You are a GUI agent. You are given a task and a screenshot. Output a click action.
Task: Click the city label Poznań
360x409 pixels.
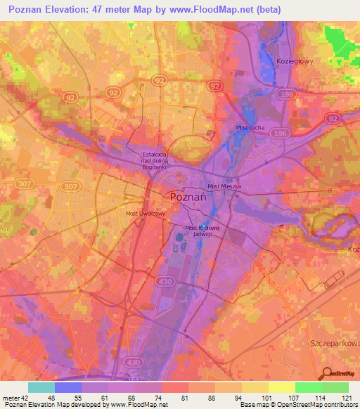188,197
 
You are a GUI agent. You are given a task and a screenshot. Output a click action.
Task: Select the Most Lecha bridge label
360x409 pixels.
249,127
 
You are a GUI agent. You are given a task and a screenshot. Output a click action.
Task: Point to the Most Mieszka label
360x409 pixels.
223,186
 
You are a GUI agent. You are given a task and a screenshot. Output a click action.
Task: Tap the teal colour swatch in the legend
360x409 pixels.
41,387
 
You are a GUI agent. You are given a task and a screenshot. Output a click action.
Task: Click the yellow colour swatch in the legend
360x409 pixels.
282,387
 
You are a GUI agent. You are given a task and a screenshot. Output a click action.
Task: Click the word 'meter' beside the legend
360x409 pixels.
10,397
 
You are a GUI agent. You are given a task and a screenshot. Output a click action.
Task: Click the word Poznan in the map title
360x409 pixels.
27,8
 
